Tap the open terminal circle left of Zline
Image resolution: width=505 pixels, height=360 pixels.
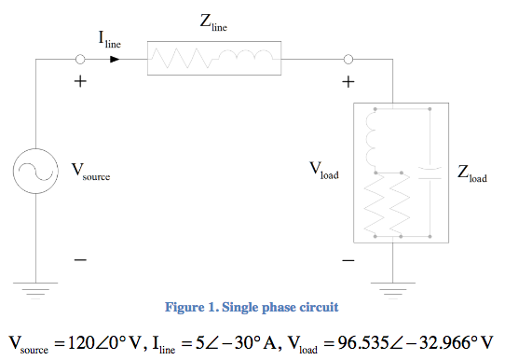pos(79,60)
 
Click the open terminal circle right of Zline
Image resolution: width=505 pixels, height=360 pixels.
pos(348,60)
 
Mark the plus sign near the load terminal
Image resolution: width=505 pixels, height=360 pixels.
pos(348,82)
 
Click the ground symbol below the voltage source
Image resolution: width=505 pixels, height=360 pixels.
pos(37,289)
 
